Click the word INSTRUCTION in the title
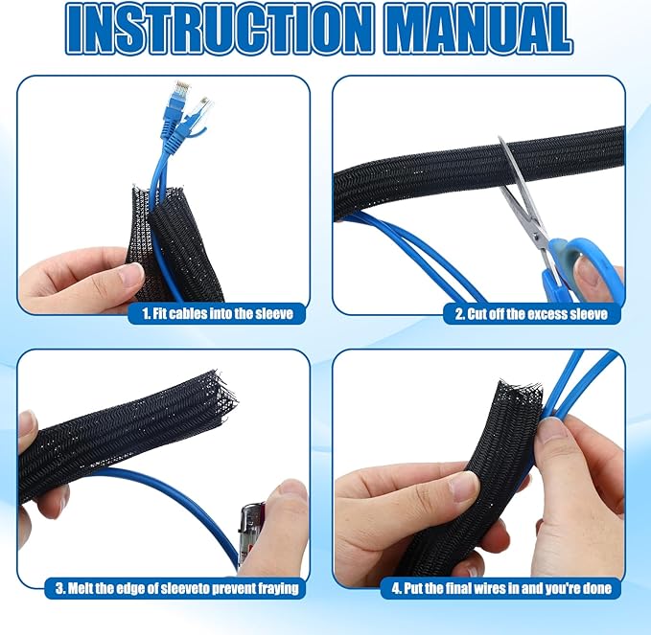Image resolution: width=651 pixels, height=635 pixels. pyautogui.click(x=219, y=29)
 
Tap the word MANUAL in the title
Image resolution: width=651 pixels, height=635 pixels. pyautogui.click(x=479, y=29)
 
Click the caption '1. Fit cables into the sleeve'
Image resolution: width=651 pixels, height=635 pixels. pyautogui.click(x=218, y=313)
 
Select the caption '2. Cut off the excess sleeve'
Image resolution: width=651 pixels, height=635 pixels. pyautogui.click(x=531, y=314)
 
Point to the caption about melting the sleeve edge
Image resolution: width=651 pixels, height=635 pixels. pyautogui.click(x=176, y=588)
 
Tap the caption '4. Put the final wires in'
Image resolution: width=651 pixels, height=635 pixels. pyautogui.click(x=501, y=588)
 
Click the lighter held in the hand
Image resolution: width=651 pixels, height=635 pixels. pyautogui.click(x=252, y=537)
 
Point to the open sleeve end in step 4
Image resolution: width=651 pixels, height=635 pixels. pyautogui.click(x=520, y=392)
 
